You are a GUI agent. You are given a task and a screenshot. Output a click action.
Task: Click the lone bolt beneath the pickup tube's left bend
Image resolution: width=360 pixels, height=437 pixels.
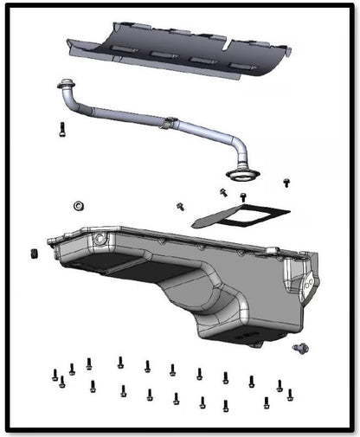[x=61, y=131]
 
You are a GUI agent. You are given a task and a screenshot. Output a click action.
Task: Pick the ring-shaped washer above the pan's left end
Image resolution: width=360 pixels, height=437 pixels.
[x=78, y=205]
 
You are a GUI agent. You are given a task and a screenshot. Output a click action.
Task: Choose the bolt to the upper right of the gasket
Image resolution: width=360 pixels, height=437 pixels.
[x=287, y=183]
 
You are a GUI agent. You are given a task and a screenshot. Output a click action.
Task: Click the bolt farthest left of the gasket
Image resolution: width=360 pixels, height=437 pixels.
[x=181, y=206]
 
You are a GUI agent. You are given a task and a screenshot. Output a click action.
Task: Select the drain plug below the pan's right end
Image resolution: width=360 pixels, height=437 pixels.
[x=300, y=348]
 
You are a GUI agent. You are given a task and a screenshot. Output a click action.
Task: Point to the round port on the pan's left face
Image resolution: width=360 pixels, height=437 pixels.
[x=101, y=239]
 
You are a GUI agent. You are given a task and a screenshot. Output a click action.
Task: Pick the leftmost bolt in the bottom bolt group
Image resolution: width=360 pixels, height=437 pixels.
[x=55, y=375]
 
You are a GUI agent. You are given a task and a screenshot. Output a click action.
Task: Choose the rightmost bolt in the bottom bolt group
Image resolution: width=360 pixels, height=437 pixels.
[x=290, y=395]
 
